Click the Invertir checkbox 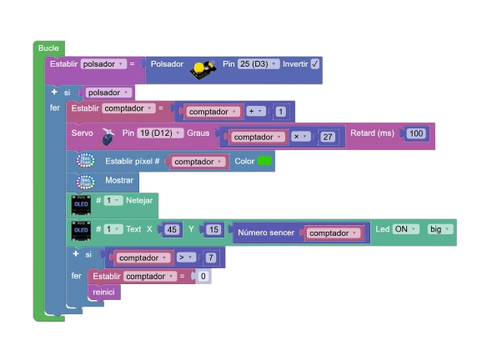(x=315, y=64)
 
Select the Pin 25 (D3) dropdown (x=259, y=64)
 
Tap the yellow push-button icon (x=203, y=69)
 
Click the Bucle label (x=48, y=48)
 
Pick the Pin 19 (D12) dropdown (x=160, y=133)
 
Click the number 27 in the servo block (x=328, y=137)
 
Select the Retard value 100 (x=416, y=133)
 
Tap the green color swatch (x=264, y=161)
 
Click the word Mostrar (x=119, y=180)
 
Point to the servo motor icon (x=108, y=136)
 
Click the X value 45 (x=172, y=229)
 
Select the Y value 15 (x=213, y=229)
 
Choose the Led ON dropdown (x=406, y=229)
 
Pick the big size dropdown (x=440, y=229)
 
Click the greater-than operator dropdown (x=186, y=257)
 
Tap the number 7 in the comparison (x=211, y=257)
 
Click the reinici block (x=104, y=292)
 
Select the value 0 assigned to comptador (x=203, y=276)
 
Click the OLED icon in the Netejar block (x=81, y=205)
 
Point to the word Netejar (x=139, y=201)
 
